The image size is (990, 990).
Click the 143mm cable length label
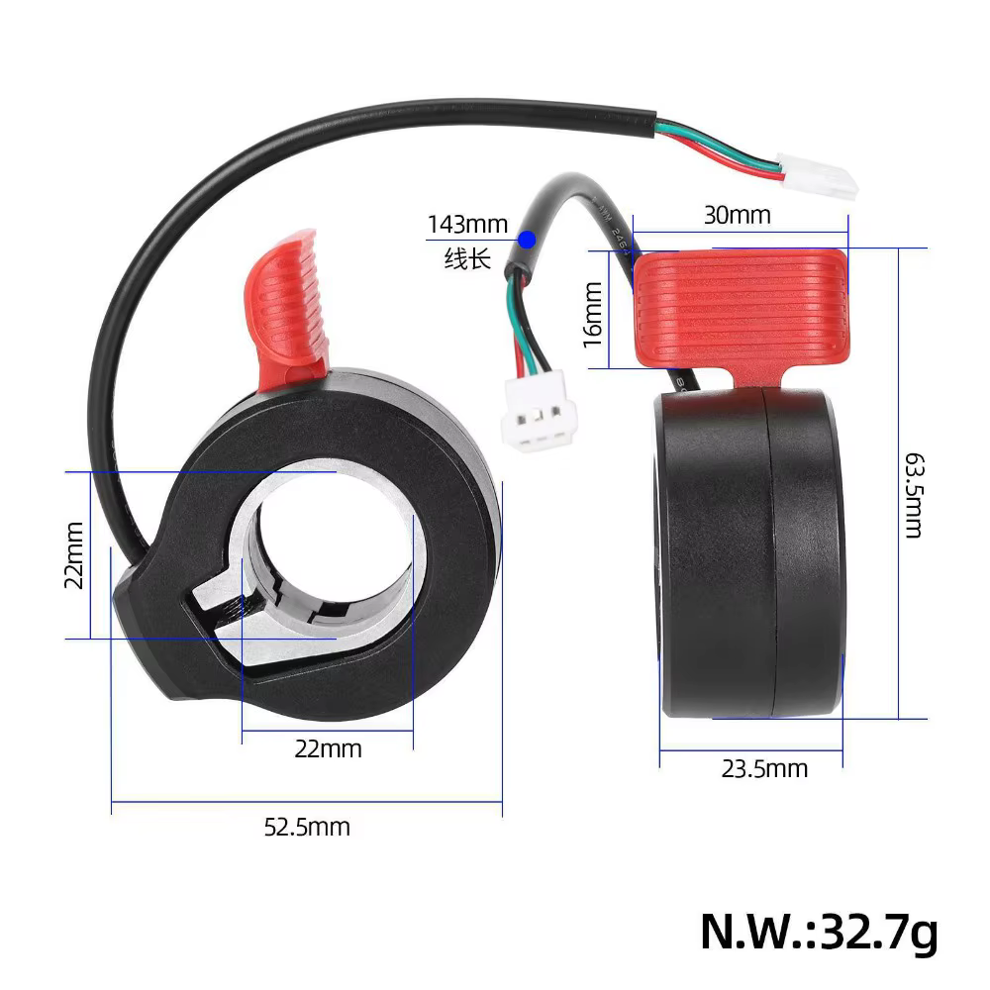coord(468,224)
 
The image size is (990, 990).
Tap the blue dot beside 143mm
coord(528,240)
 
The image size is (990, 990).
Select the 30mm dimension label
coord(738,215)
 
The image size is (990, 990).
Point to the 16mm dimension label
coord(593,315)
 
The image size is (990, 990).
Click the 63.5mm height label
coord(914,495)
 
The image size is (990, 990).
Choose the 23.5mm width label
coord(764,769)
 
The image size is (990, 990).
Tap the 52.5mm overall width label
coord(307,827)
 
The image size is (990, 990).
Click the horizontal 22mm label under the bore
coord(329,749)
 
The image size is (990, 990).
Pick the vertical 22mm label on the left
coord(74,555)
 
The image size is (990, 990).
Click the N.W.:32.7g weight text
coord(819,931)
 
